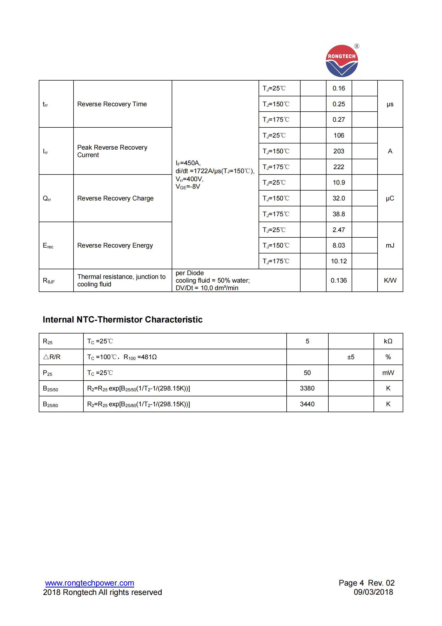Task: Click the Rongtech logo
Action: (342, 61)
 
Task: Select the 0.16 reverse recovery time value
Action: (339, 88)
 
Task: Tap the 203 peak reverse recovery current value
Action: (339, 151)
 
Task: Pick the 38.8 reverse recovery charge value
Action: (339, 214)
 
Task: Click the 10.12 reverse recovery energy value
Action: (339, 261)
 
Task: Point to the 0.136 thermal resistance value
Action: (339, 280)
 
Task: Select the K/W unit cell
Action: (390, 280)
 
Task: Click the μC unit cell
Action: (390, 198)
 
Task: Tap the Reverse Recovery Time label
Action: (112, 104)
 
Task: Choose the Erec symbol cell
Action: (48, 246)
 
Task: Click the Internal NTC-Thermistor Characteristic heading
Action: (122, 320)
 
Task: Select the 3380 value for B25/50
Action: (307, 388)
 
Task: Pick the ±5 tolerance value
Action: (351, 357)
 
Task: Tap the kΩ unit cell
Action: (388, 341)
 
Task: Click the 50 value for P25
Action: (307, 373)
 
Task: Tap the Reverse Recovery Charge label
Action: (115, 198)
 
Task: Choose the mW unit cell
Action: (388, 373)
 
